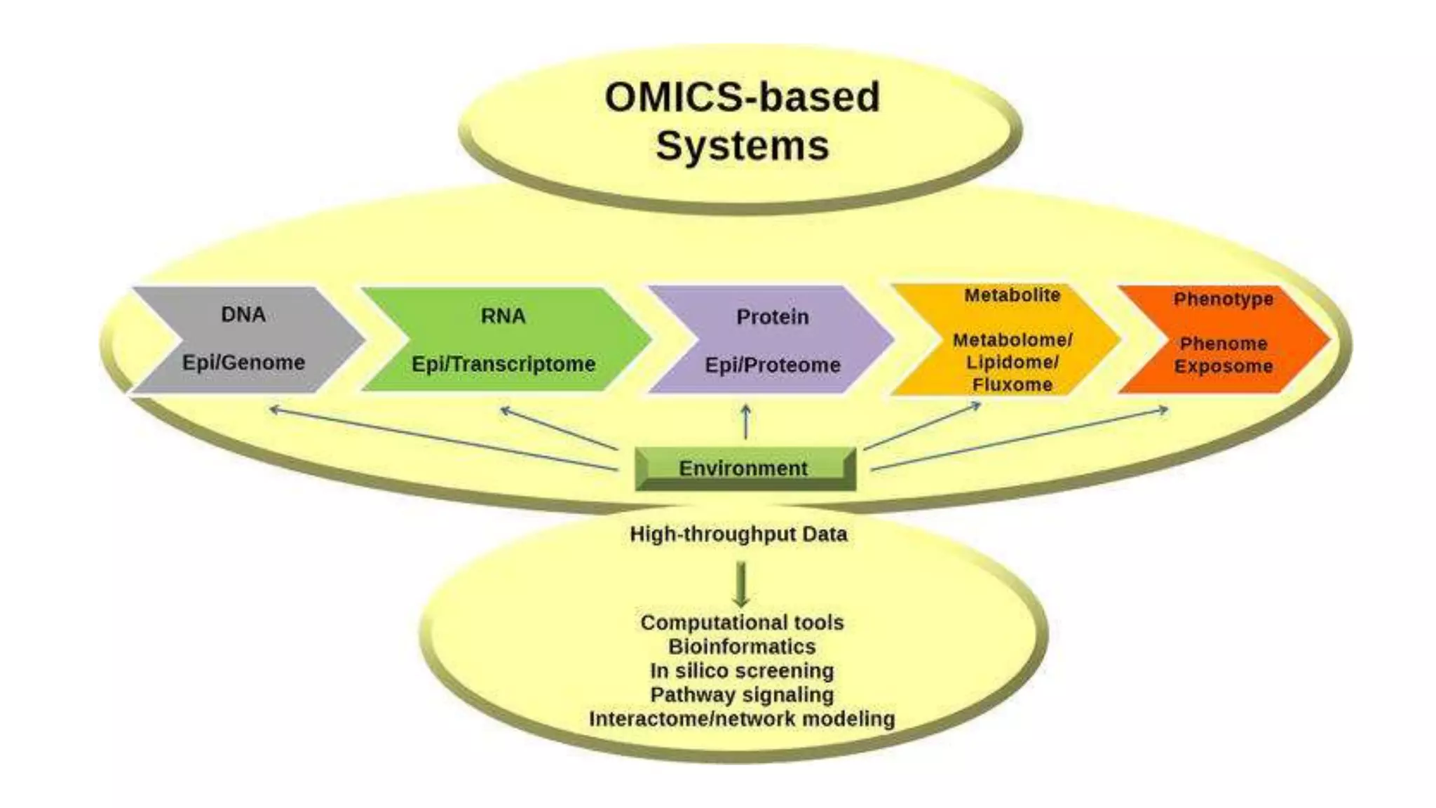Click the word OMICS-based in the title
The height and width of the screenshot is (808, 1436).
click(742, 97)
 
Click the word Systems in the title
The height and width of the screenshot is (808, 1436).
click(742, 145)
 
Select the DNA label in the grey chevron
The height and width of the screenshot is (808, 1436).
click(243, 314)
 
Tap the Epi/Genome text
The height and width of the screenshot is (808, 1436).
click(243, 363)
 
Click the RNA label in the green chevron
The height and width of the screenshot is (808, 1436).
click(503, 316)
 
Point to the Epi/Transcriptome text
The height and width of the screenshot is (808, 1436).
click(503, 364)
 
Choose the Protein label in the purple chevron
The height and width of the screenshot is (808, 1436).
click(772, 317)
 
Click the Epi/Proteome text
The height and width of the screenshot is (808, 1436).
click(772, 365)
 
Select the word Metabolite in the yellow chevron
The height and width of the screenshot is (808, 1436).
click(1012, 295)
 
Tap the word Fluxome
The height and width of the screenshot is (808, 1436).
click(1012, 384)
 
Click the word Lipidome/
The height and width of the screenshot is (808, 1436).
click(1012, 362)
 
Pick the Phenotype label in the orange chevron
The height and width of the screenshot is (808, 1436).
click(1224, 299)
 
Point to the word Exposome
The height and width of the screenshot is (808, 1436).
click(1224, 366)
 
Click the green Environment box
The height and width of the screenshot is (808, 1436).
click(745, 468)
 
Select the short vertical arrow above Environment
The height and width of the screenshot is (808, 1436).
click(746, 422)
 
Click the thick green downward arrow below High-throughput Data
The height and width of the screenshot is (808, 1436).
click(741, 584)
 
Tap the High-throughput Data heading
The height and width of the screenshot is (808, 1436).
click(738, 534)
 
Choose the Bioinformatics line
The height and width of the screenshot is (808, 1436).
click(741, 647)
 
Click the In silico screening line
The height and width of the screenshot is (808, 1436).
click(741, 671)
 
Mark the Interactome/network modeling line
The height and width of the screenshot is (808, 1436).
click(741, 719)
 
